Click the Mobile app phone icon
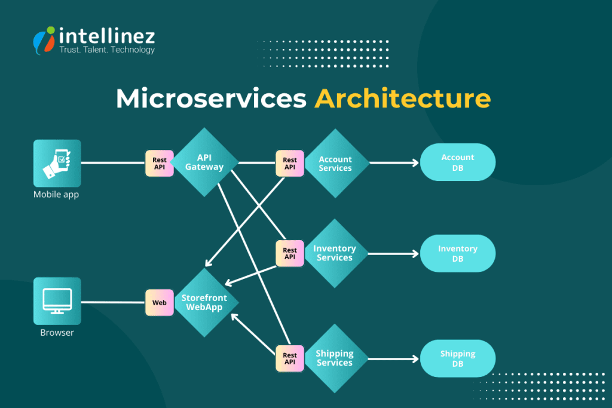[57, 163]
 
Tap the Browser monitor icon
[57, 300]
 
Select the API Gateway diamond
[204, 162]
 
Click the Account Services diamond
[335, 163]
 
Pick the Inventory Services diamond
[335, 253]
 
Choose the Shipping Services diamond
[335, 358]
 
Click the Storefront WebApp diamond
[204, 302]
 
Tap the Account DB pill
[458, 162]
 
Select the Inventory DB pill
[458, 253]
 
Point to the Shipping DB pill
[458, 358]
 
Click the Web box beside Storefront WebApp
[160, 303]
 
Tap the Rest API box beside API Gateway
[160, 164]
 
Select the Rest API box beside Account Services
[290, 164]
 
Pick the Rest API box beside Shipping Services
[290, 358]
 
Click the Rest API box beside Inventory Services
[290, 254]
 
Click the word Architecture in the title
[402, 99]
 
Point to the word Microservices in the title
[211, 99]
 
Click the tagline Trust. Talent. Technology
[107, 50]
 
